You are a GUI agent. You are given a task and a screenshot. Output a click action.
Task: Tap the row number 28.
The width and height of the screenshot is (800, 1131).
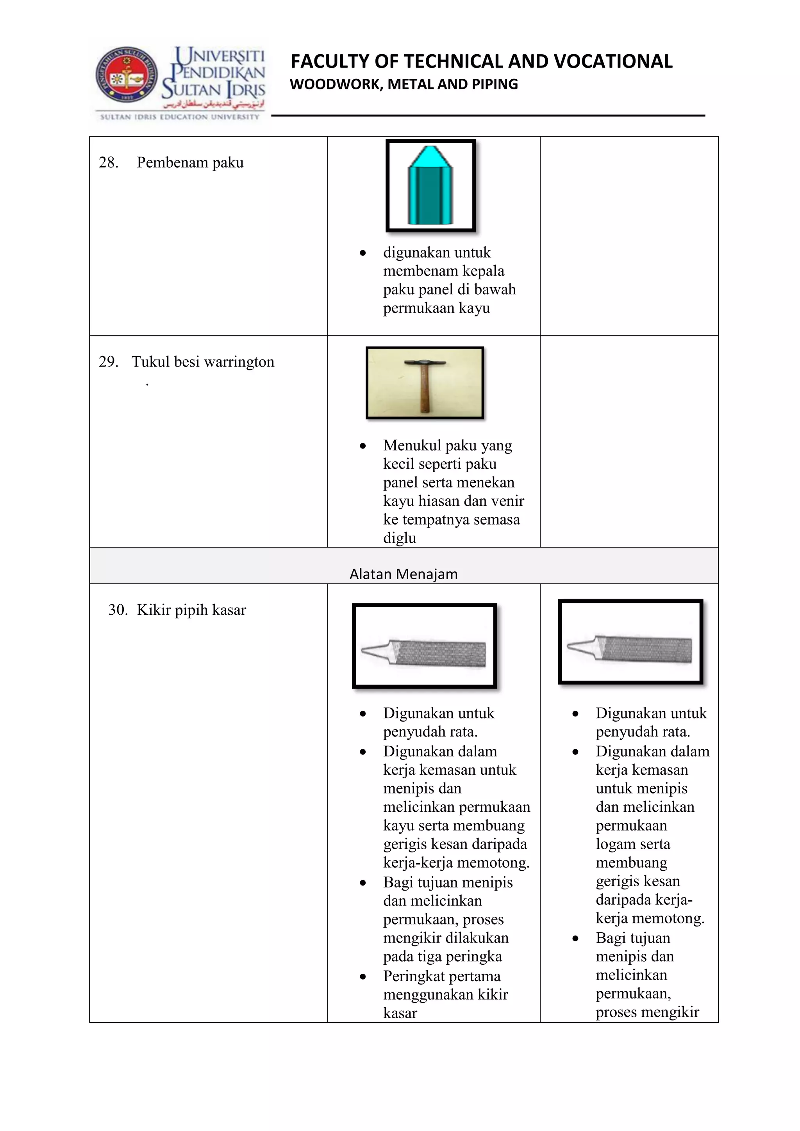click(109, 163)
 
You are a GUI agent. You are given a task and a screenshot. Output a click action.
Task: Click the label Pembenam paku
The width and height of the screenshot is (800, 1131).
click(190, 163)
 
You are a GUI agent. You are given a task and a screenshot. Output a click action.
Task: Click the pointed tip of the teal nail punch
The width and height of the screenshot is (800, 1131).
click(430, 148)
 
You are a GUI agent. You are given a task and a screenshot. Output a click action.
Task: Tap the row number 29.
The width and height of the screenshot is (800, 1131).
click(109, 362)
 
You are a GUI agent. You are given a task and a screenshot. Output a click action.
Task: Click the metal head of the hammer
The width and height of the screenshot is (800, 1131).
click(425, 363)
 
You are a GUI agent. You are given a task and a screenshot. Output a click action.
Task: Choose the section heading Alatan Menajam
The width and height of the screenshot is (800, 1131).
click(403, 574)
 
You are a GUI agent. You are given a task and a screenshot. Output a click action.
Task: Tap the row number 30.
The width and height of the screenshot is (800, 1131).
click(118, 610)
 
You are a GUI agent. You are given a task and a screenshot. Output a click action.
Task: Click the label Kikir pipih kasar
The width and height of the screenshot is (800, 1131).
click(191, 610)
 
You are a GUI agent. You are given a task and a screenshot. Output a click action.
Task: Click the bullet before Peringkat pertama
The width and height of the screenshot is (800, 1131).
click(363, 976)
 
